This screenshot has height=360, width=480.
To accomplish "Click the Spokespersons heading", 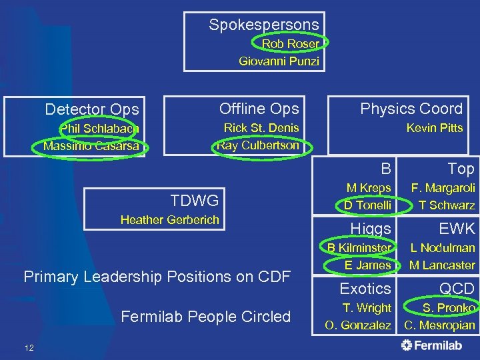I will point(263,25).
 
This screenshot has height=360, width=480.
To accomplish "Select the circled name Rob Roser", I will point(290,43).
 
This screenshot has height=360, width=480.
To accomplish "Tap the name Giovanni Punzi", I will point(279,61).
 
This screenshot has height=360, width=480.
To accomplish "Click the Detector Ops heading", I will point(92,109).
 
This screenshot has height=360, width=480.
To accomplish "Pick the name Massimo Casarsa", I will point(91,145).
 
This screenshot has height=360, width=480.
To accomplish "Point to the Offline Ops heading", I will point(259,109).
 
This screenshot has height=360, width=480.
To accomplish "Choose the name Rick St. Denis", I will point(261,128).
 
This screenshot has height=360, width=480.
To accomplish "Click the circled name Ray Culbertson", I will point(258,145).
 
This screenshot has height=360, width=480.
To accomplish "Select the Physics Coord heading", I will point(411,109).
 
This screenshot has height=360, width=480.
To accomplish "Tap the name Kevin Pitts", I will point(435,128).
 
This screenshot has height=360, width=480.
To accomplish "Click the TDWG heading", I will point(194,201).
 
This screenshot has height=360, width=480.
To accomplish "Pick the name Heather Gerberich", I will point(169,220).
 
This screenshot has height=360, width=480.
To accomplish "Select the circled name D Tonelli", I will point(367,205).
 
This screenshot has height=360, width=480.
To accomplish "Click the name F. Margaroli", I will point(443,189).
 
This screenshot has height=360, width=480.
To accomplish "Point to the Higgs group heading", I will point(365,229).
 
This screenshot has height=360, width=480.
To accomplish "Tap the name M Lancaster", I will point(442,265).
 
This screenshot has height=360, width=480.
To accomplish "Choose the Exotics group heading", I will point(365,289).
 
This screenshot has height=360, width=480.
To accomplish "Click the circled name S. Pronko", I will point(449,308).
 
